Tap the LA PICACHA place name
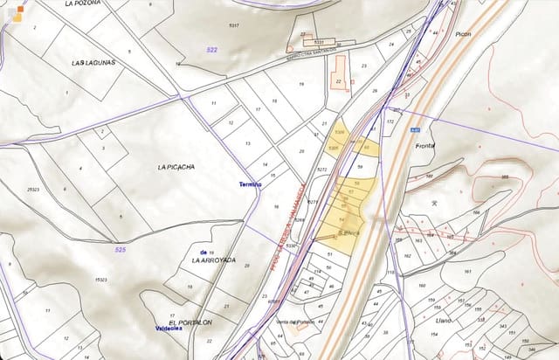(x=176, y=166)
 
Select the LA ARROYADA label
(x=214, y=260)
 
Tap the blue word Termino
(x=251, y=184)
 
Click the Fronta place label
(x=425, y=146)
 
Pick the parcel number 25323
(x=33, y=190)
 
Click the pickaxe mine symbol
(x=433, y=202)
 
